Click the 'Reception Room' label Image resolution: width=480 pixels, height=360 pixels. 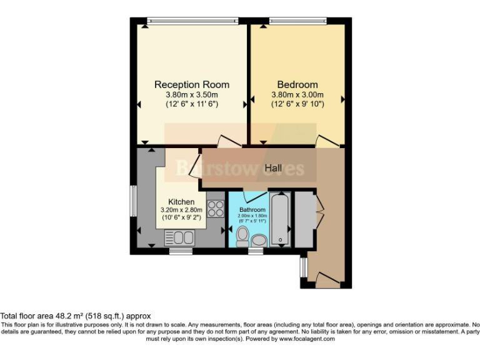pyautogui.click(x=191, y=84)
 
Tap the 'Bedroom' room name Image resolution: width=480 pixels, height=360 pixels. pyautogui.click(x=297, y=84)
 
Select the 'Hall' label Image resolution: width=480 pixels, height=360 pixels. pyautogui.click(x=273, y=168)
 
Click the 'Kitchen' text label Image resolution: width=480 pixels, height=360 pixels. pyautogui.click(x=181, y=202)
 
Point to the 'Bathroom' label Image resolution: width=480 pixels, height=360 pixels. pyautogui.click(x=252, y=210)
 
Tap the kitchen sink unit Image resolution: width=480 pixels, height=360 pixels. pyautogui.click(x=180, y=237)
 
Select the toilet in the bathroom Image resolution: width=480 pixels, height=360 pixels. pyautogui.click(x=242, y=236)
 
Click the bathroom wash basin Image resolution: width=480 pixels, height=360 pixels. pyautogui.click(x=259, y=240)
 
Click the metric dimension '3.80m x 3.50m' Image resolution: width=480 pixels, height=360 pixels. pyautogui.click(x=191, y=95)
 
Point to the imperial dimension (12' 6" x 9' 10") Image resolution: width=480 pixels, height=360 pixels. pyautogui.click(x=297, y=104)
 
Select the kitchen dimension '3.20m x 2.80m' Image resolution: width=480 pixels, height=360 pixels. pyautogui.click(x=181, y=210)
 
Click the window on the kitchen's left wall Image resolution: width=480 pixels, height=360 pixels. pyautogui.click(x=132, y=201)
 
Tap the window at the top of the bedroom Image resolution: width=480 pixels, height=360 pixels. pyautogui.click(x=297, y=21)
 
